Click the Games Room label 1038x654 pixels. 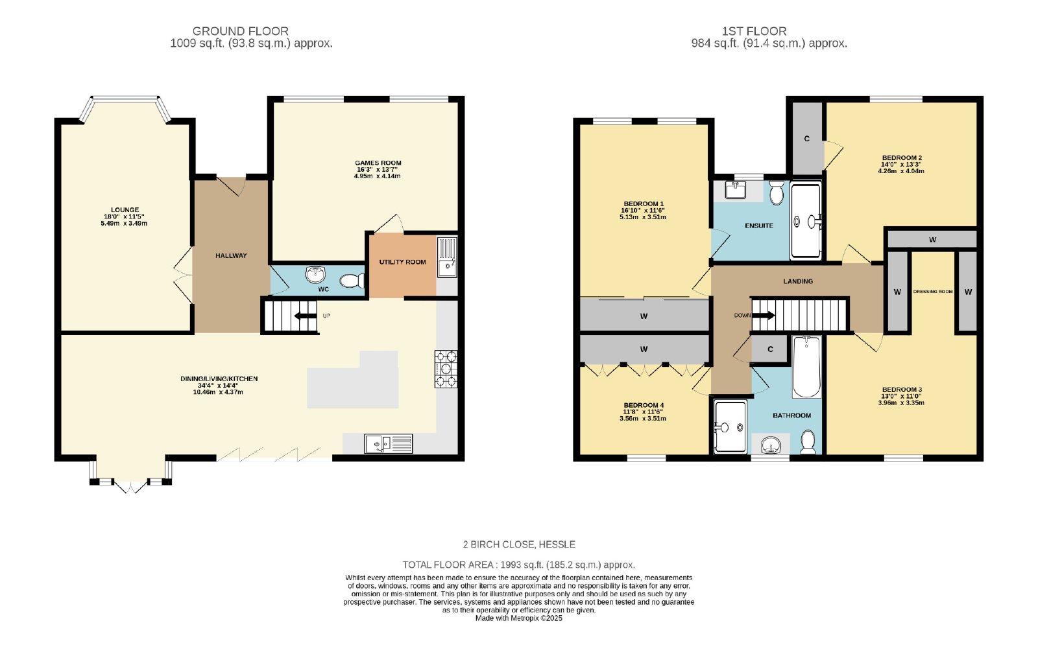[378, 163]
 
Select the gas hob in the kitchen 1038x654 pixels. [446, 369]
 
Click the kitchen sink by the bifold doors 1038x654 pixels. [389, 443]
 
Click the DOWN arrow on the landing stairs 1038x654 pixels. [763, 316]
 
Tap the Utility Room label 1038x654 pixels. [402, 262]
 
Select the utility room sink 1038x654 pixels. [447, 257]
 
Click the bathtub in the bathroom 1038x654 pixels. [807, 367]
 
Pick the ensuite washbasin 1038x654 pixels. [736, 190]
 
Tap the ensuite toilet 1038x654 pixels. [776, 193]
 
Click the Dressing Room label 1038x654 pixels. [933, 292]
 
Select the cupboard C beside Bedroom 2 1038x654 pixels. [807, 139]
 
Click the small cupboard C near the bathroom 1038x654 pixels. [769, 349]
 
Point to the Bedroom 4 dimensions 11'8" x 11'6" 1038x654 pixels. [643, 412]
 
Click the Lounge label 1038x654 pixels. [125, 209]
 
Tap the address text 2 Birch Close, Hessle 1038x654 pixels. [519, 544]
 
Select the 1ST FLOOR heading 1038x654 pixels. [754, 31]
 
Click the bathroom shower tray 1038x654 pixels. [730, 426]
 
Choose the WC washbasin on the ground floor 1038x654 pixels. [315, 274]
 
